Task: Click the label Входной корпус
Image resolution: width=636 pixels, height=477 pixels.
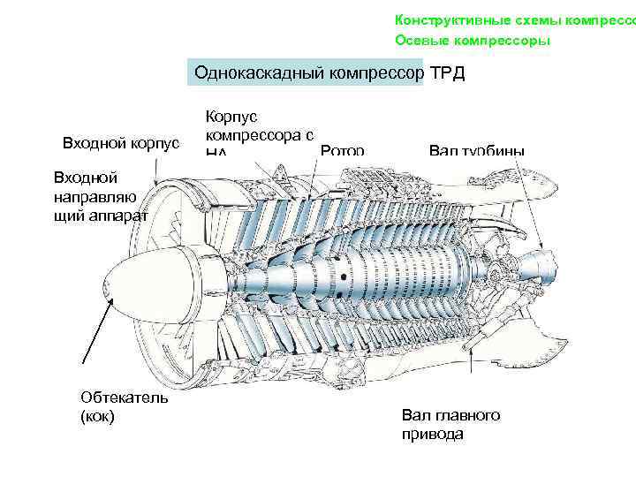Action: [x=121, y=143]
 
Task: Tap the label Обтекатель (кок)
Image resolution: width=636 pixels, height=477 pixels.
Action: [x=117, y=405]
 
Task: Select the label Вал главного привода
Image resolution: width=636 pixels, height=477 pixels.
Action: [x=450, y=423]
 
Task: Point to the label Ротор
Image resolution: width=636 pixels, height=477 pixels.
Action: [x=343, y=151]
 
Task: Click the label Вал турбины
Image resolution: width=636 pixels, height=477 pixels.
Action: [x=476, y=151]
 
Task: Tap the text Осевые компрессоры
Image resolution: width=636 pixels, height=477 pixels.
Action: [x=472, y=41]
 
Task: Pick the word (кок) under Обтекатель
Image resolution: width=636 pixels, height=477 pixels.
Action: [x=96, y=415]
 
